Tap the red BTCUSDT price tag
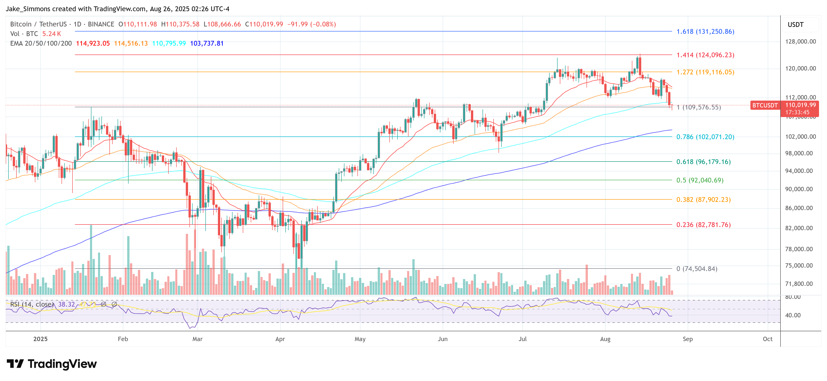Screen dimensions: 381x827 765,105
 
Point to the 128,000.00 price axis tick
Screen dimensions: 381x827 800,42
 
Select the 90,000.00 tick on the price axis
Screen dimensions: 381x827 799,189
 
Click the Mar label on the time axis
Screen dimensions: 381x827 197,339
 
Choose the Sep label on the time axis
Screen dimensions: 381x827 688,339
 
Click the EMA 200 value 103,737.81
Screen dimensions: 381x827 207,43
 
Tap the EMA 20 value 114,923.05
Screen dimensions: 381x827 93,43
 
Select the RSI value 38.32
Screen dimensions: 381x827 67,304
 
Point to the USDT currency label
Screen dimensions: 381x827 796,25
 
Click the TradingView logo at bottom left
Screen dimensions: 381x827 52,364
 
